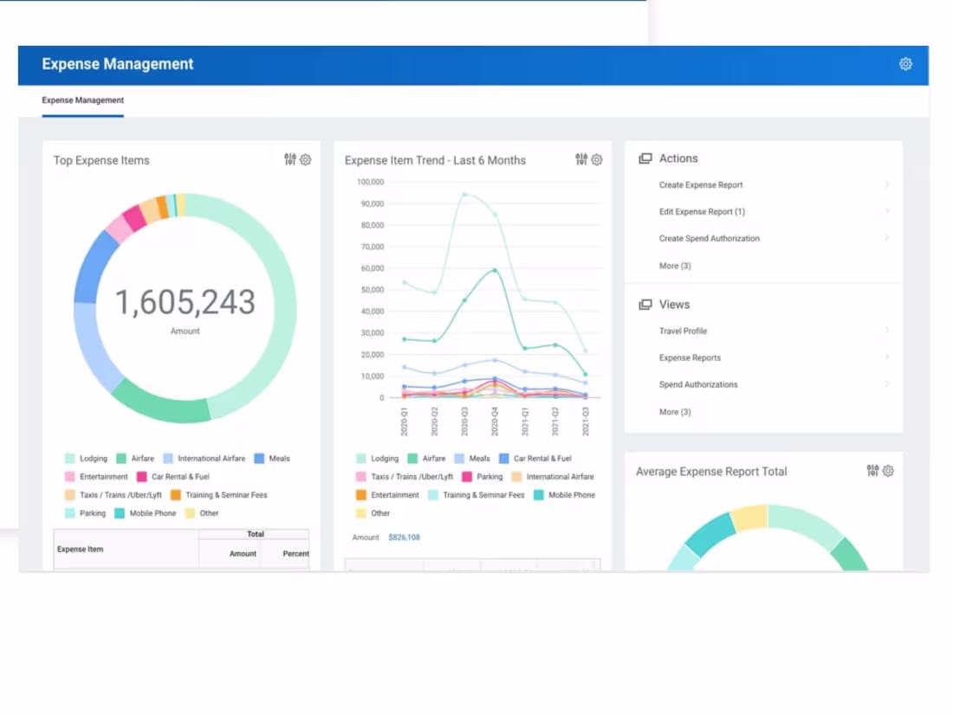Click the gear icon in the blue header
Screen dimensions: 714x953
coord(905,64)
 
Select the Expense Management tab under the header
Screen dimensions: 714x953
coord(82,100)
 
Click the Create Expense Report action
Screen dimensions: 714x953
coord(700,185)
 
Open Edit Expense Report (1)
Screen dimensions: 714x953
coord(702,212)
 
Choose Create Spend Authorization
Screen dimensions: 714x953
coord(709,239)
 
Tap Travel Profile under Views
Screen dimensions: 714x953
coord(683,331)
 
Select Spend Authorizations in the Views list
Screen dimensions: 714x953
coord(698,385)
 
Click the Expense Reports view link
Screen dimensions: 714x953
coord(690,358)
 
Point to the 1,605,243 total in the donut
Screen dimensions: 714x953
coord(185,303)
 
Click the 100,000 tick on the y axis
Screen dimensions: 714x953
coord(370,183)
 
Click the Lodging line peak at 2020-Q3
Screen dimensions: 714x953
coord(464,195)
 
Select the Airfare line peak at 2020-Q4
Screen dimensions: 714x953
coord(495,270)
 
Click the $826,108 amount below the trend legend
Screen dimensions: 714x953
coord(404,537)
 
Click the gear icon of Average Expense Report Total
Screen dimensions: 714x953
coord(888,472)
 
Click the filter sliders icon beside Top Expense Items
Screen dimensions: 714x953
coord(290,159)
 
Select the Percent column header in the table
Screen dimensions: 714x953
coord(295,554)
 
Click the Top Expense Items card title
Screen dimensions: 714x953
coord(101,161)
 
